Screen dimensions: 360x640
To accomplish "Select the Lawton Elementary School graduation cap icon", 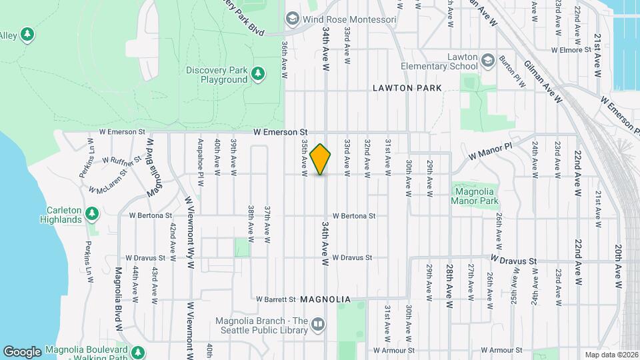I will click(x=488, y=59).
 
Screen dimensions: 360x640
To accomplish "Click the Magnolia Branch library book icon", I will click(x=318, y=325).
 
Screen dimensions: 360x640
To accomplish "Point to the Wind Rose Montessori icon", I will click(x=292, y=19).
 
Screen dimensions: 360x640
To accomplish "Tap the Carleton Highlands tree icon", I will click(x=93, y=213).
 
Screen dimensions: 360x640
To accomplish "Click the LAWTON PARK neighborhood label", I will click(x=407, y=88).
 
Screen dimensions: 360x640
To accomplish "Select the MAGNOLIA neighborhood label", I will click(x=325, y=299).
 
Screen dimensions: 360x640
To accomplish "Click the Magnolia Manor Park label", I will click(x=475, y=195).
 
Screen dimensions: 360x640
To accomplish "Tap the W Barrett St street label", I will click(x=275, y=299).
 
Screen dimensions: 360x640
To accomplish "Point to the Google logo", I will click(x=22, y=351).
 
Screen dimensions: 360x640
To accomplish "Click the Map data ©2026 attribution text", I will click(x=611, y=355).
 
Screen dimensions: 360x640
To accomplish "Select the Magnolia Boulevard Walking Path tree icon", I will click(x=138, y=351).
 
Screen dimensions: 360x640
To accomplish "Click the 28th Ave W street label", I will click(x=450, y=285).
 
